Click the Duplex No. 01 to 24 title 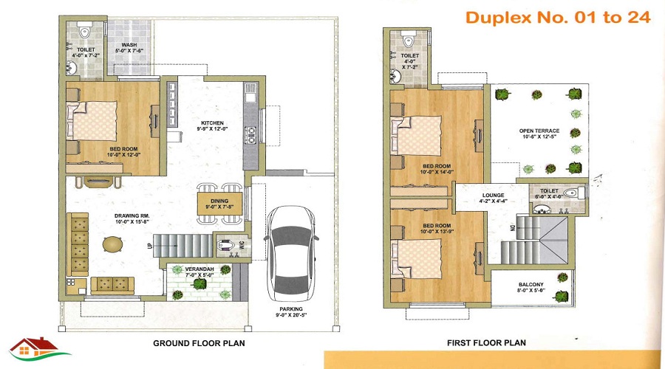[558, 18]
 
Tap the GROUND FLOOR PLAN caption [199, 343]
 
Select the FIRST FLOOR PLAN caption [486, 343]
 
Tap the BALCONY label [531, 288]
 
